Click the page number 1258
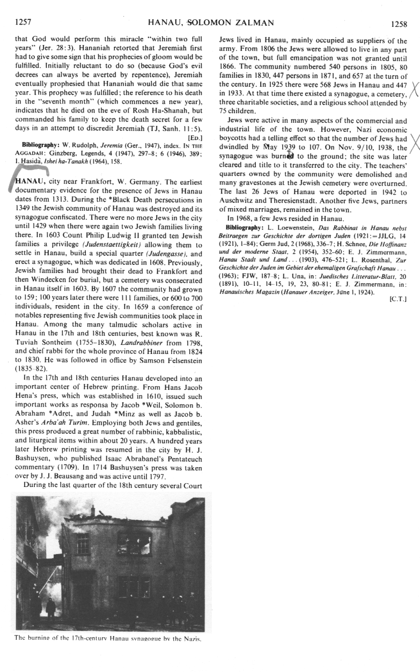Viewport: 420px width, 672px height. (x=396, y=24)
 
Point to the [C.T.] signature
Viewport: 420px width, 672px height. (x=396, y=301)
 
